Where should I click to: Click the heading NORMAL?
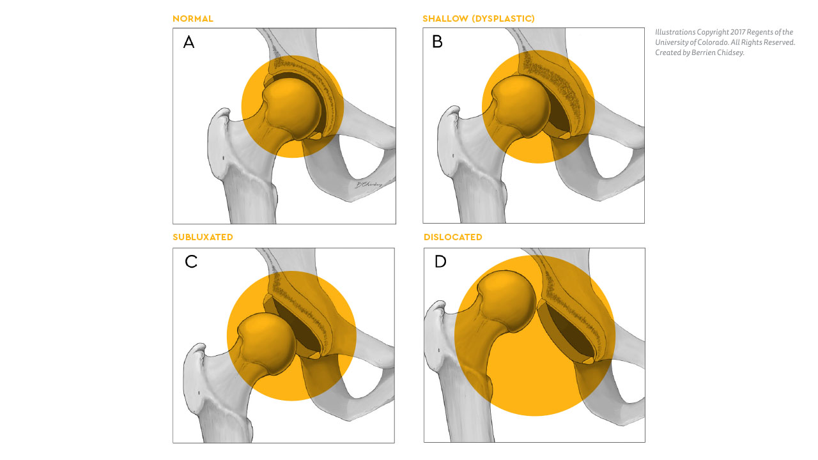[193, 19]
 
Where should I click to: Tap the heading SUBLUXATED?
[203, 237]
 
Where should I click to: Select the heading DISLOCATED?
[453, 237]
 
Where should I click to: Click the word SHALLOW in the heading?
[445, 19]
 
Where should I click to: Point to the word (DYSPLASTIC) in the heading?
[504, 19]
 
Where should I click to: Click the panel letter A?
[189, 42]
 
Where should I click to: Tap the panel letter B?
[437, 42]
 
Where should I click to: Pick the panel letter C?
[191, 261]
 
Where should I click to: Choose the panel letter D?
[440, 261]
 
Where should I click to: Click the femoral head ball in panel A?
[293, 108]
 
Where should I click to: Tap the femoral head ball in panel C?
[266, 343]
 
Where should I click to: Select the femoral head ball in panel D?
[507, 301]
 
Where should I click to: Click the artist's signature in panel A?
[369, 185]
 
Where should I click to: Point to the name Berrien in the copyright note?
[704, 52]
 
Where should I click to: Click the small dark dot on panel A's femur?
[224, 158]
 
